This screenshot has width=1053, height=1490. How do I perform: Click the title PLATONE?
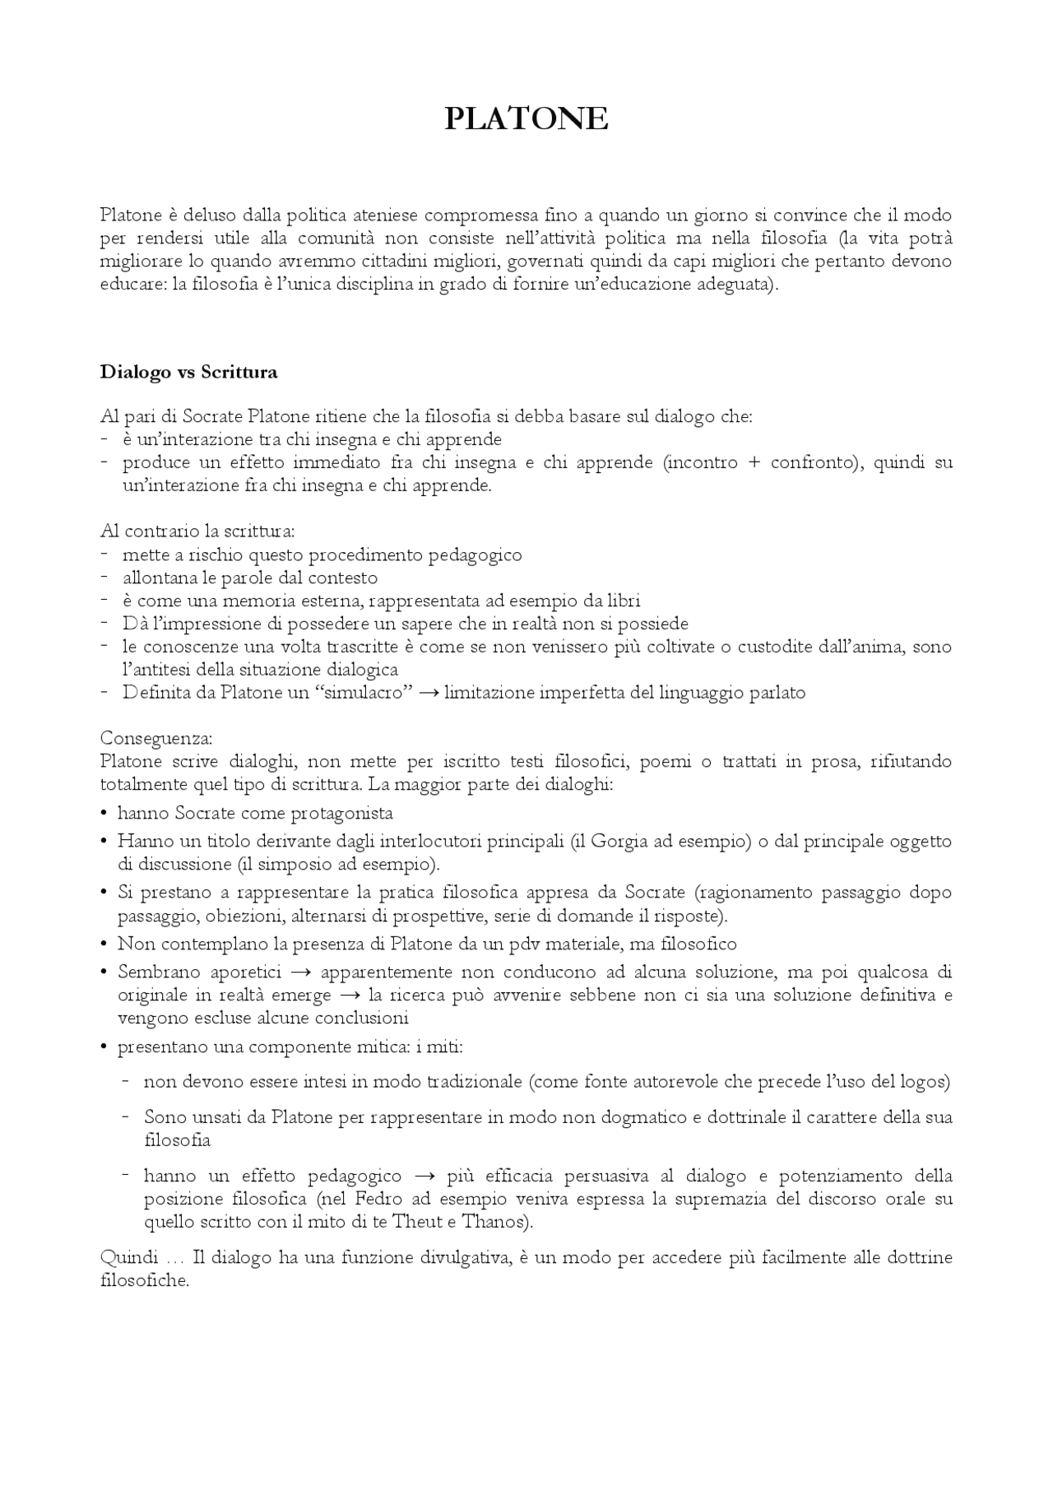[x=526, y=119]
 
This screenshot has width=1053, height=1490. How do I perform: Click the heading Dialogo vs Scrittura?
[x=188, y=372]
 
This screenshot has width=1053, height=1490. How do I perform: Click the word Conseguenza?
[x=156, y=737]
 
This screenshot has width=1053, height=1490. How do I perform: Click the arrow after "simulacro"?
[x=428, y=693]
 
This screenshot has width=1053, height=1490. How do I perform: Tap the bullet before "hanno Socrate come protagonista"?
[x=104, y=814]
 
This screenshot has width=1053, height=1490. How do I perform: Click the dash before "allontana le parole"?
[x=105, y=578]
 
